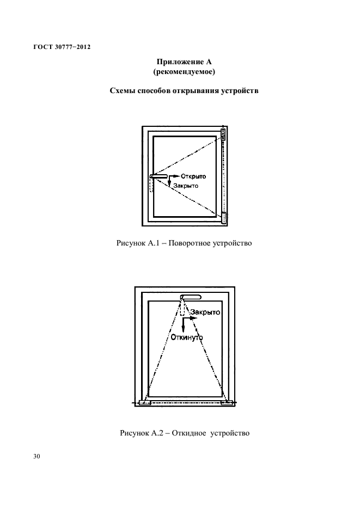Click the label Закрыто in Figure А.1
185,186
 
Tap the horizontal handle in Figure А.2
191,297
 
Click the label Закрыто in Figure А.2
204,313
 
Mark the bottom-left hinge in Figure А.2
145,403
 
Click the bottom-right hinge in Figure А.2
226,403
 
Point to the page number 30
36,456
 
